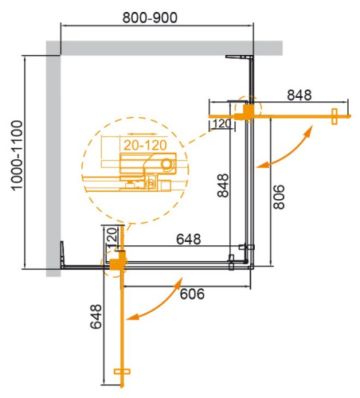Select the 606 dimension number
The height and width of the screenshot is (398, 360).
click(191, 294)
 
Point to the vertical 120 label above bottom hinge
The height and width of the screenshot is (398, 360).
click(112, 237)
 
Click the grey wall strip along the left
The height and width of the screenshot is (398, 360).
click(53, 159)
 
